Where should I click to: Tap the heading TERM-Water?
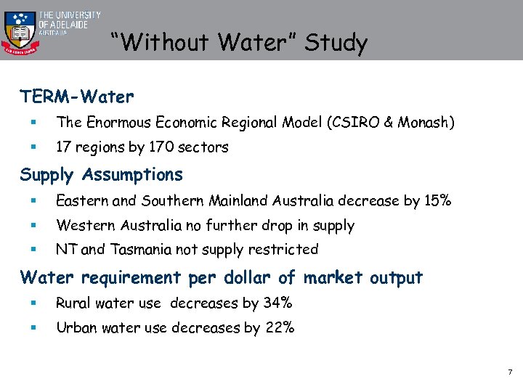(77, 96)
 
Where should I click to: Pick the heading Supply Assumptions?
(102, 175)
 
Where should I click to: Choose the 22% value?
(280, 327)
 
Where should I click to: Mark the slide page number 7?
(511, 372)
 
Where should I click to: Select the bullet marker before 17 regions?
(34, 147)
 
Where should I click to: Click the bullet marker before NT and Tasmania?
(34, 249)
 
